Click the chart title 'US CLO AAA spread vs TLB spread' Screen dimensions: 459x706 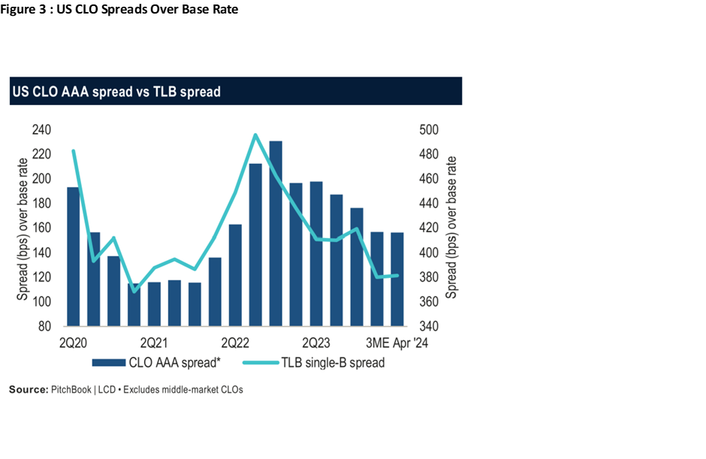coord(116,92)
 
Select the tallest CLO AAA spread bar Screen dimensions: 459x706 coord(276,233)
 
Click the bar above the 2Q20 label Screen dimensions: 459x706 coord(73,255)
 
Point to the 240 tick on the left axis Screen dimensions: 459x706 coord(41,130)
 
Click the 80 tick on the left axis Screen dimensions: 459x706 coord(44,327)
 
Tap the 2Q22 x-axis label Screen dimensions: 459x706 coord(235,343)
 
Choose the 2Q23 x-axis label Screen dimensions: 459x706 coord(316,343)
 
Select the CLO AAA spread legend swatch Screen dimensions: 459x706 coord(108,363)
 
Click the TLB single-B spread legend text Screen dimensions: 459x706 coord(333,363)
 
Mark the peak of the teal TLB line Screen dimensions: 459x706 coord(255,135)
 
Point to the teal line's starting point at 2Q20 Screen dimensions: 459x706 coord(73,151)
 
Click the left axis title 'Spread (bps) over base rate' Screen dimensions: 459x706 coord(23,228)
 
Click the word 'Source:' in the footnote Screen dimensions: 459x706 coord(28,390)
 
